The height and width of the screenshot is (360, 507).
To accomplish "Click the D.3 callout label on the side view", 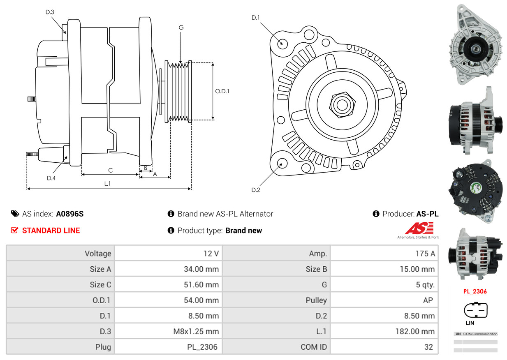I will point(50,12).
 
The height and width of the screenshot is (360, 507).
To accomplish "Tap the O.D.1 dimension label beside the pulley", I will point(222,91).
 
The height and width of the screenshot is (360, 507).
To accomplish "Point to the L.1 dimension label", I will point(107,184).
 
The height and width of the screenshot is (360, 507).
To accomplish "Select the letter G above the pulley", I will point(181,28).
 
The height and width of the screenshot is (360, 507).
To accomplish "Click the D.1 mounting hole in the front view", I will point(282,43).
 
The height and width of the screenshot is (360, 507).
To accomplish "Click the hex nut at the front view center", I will point(340,104).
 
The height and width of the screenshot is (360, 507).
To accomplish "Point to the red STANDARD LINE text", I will point(51,231).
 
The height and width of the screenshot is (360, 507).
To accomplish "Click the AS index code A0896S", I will point(70,214).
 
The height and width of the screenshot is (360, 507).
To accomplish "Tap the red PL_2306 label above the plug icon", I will point(475,291).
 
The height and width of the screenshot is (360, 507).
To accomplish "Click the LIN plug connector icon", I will point(475,310).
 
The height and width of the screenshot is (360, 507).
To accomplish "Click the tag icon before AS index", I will point(15,214).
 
